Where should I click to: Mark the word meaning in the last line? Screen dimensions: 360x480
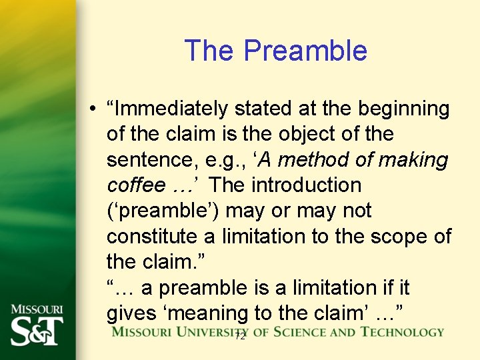tap(221, 313)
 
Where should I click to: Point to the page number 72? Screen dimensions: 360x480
tap(240, 337)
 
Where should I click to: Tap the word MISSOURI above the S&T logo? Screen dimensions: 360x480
tap(37, 309)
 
